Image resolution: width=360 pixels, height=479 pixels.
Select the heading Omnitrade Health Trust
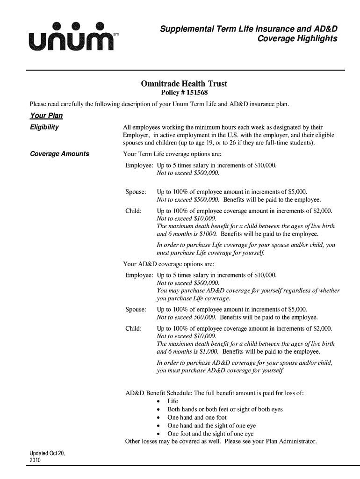pos(184,84)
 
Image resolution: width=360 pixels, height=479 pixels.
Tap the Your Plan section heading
pos(46,116)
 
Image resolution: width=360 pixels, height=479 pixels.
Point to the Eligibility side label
pos(44,127)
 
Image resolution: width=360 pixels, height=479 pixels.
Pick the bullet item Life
pos(173,401)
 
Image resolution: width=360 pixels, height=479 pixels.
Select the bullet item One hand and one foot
pos(197,417)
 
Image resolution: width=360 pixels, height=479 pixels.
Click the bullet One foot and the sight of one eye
pos(210,434)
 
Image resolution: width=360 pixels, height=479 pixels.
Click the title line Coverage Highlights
pos(297,38)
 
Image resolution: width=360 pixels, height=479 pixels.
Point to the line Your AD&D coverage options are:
pos(168,264)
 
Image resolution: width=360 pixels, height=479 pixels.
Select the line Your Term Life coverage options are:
pos(172,154)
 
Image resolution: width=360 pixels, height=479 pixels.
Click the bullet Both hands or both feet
pos(225,409)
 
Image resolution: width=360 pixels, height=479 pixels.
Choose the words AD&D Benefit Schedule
pos(158,393)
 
